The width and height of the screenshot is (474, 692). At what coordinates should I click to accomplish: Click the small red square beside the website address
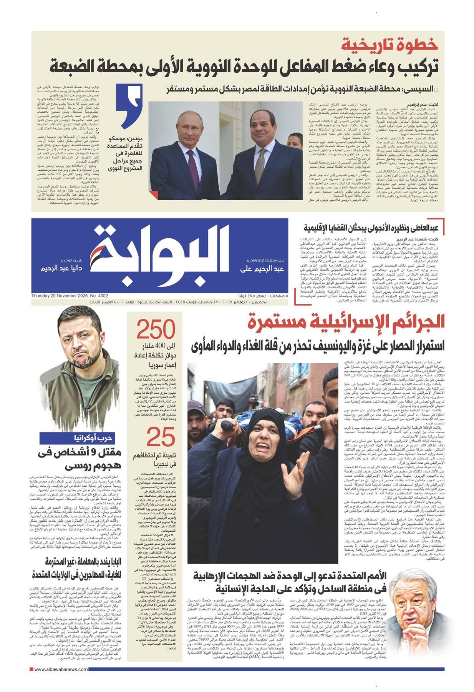(x=32, y=670)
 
